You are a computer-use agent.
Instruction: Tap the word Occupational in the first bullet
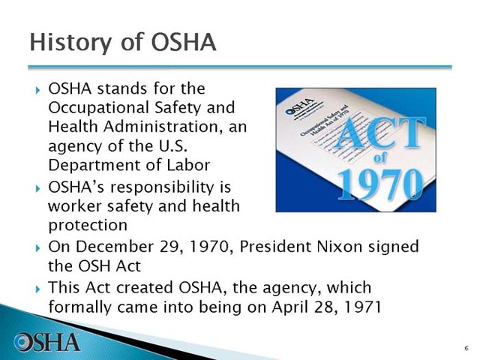click(89, 108)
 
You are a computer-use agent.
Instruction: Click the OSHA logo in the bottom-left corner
click(47, 341)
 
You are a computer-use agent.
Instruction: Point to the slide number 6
click(466, 348)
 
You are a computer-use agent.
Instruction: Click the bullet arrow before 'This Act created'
click(37, 288)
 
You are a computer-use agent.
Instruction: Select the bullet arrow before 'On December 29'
click(37, 247)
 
